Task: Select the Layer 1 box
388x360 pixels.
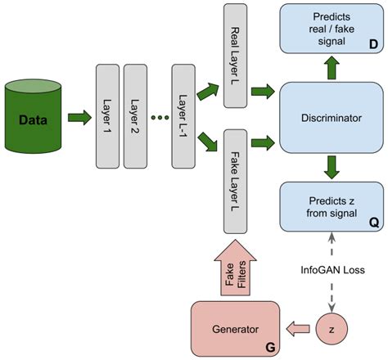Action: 107,116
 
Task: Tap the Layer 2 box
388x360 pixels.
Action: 134,116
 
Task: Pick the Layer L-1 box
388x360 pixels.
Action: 183,116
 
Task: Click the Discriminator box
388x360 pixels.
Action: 332,118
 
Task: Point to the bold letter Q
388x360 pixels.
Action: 372,220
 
